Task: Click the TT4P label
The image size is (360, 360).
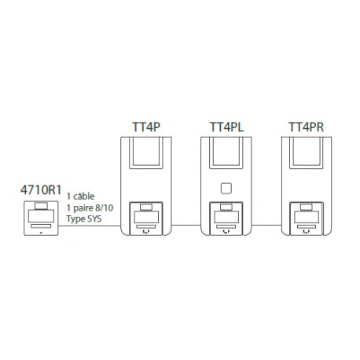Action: coord(146,127)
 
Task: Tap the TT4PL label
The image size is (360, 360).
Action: coord(226,127)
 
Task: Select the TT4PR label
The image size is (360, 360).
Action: coord(306,127)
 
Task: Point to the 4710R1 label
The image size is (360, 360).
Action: coord(41,190)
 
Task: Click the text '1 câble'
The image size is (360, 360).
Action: coord(80,197)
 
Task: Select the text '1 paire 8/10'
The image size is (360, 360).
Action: coord(90,208)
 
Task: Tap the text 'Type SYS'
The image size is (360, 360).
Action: coord(84,219)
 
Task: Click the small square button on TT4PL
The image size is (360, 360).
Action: coord(226,189)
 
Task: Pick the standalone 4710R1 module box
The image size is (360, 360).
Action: coord(41,219)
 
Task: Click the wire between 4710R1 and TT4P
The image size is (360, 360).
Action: coord(90,226)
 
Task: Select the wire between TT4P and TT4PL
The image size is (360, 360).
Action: coord(186,225)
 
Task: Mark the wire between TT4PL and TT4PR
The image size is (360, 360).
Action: coord(266,225)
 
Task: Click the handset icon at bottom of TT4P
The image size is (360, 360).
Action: coord(145,232)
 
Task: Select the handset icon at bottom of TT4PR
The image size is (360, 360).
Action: coord(306,232)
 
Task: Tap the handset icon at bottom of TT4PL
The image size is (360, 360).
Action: coord(226,232)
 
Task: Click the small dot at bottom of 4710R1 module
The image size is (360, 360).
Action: coord(41,233)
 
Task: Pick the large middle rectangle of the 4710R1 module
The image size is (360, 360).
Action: coord(41,216)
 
